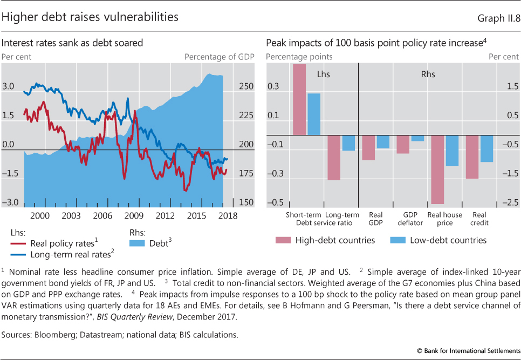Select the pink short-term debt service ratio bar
coord(299,100)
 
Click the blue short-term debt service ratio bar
coord(314,114)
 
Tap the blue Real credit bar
coord(486,148)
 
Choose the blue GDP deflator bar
coord(417,138)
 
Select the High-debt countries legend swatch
coord(283,240)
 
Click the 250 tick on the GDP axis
coord(245,86)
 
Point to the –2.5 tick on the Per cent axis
coord(510,202)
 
